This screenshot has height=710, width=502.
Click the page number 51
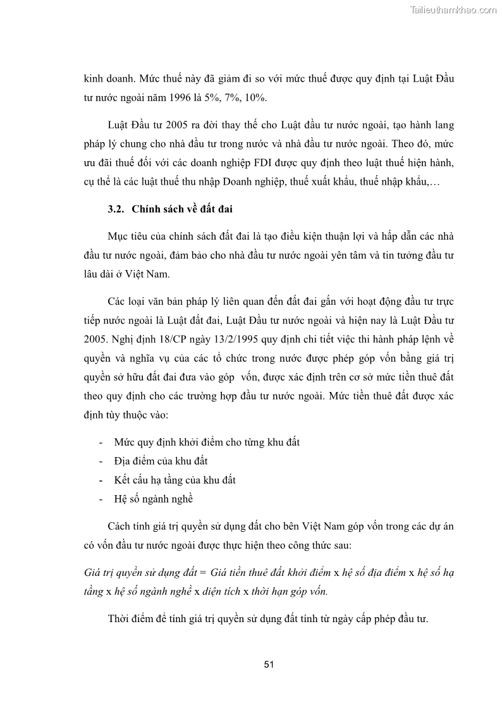pos(268,664)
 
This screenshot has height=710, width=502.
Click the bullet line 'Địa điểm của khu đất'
pos(161,461)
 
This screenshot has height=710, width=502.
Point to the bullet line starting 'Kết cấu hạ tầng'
pos(174,479)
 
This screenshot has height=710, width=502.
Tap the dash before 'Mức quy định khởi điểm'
pos(102,443)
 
